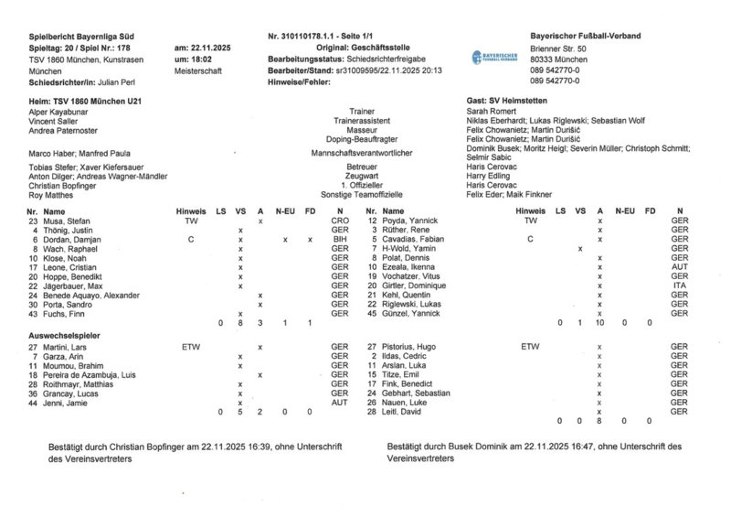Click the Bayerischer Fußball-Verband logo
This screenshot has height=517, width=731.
click(x=494, y=57)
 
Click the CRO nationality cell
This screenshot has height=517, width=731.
click(x=340, y=221)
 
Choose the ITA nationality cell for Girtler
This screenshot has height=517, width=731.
click(x=679, y=285)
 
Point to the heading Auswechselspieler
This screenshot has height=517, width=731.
click(x=64, y=336)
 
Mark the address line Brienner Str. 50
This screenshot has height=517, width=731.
click(x=558, y=48)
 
